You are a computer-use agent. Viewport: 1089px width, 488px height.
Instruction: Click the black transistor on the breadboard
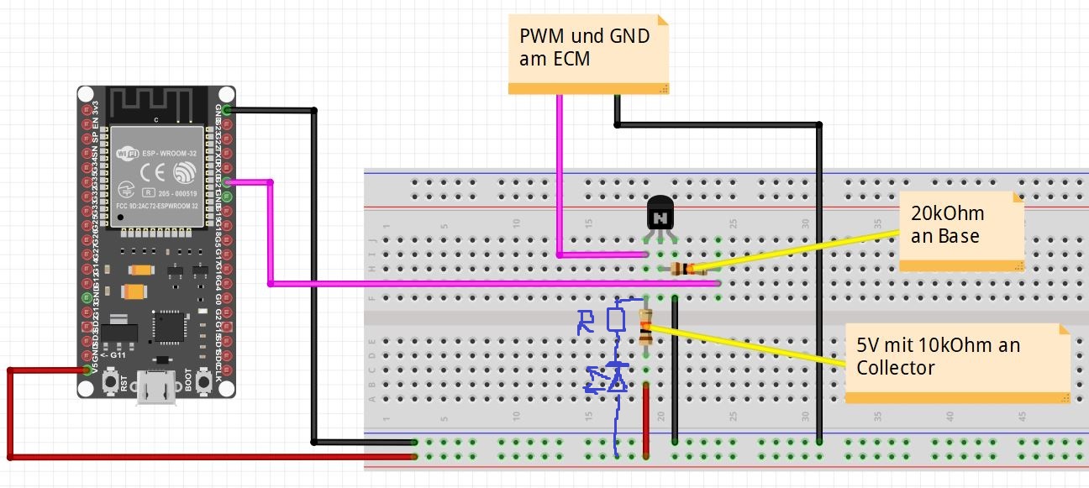[660, 217]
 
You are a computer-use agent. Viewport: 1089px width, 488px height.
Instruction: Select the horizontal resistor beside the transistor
[682, 269]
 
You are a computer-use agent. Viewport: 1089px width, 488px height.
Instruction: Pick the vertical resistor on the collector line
[645, 328]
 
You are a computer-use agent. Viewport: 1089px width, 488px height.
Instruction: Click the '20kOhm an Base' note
[961, 231]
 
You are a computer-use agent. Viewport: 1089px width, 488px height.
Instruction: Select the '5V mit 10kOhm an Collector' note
[956, 362]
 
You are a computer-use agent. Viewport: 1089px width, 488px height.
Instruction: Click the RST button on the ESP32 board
[110, 383]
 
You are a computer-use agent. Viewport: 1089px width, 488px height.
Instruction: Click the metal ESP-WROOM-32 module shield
[156, 176]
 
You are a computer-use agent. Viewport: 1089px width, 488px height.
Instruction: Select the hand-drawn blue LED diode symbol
[617, 378]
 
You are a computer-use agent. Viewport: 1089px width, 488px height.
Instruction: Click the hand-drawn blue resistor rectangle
[616, 319]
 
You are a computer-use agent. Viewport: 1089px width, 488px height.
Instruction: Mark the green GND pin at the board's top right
[228, 110]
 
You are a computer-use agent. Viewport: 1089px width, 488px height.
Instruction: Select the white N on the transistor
[660, 218]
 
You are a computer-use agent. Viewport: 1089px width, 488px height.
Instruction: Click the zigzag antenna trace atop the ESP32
[156, 102]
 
